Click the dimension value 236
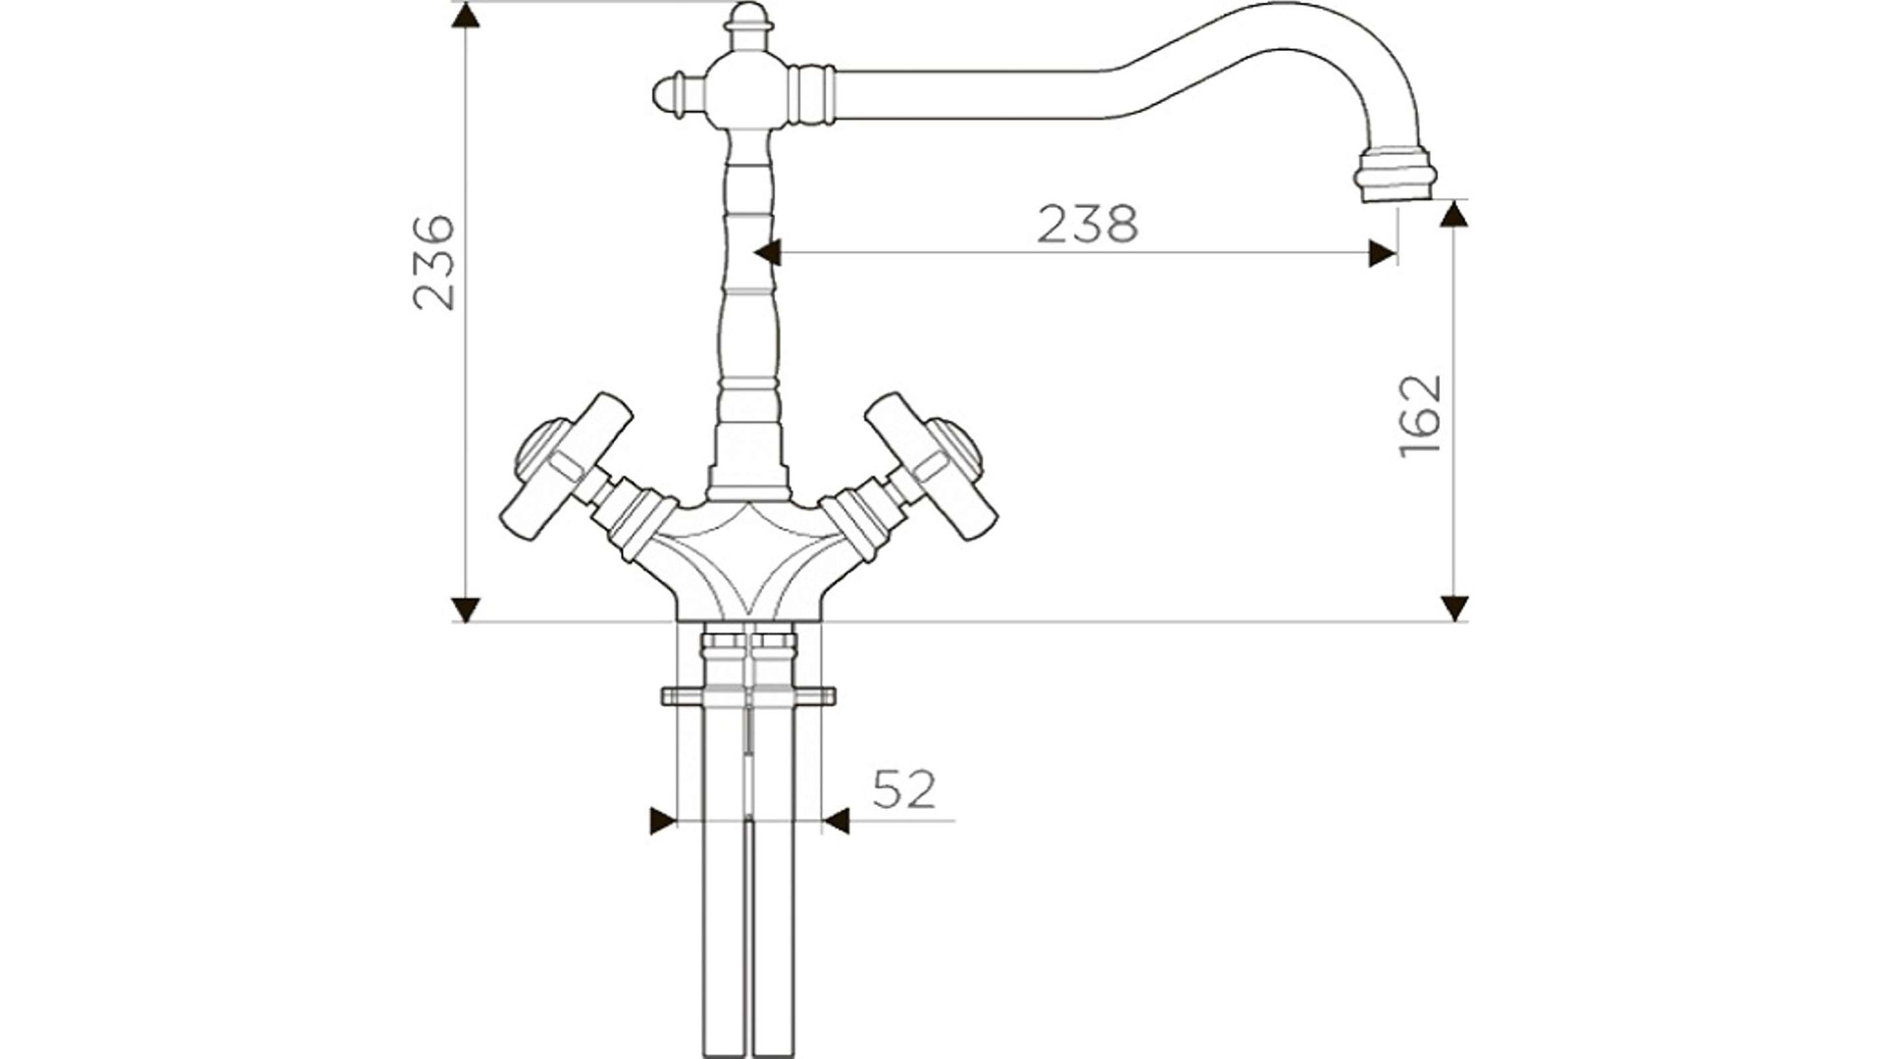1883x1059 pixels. [x=433, y=263]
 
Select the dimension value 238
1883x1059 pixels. [x=1088, y=225]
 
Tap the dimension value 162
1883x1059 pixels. [x=1421, y=415]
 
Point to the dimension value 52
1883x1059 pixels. [x=904, y=790]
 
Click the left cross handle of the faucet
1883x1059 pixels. [x=567, y=468]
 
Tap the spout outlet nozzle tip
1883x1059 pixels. [x=1395, y=176]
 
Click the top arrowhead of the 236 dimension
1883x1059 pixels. [x=467, y=15]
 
